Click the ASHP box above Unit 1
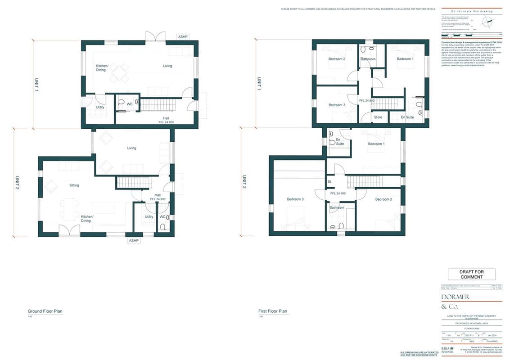point(183,36)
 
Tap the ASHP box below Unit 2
point(134,240)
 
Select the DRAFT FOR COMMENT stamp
point(471,274)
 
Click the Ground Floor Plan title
point(45,311)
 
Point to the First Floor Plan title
point(273,311)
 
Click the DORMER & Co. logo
point(456,301)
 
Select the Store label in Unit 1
point(378,117)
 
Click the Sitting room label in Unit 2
point(74,185)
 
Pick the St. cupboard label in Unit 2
point(330,182)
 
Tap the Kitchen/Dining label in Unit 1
point(102,68)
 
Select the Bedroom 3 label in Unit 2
point(295,199)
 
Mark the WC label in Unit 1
point(129,104)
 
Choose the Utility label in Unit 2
point(149,217)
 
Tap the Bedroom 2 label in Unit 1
point(337,59)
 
